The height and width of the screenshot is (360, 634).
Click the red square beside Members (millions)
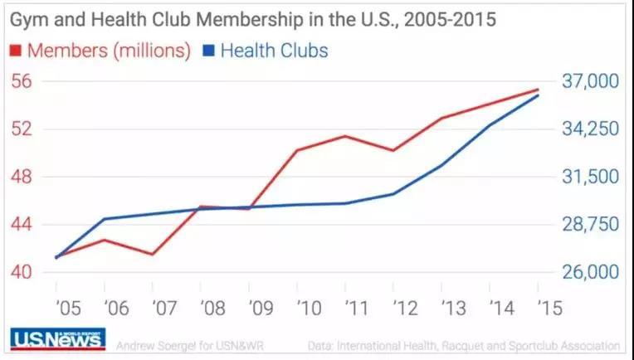[15, 51]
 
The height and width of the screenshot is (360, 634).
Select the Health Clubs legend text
[275, 51]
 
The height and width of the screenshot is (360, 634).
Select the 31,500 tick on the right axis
[590, 177]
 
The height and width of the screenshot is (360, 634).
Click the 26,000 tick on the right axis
[590, 272]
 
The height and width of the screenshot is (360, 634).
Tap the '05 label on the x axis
[68, 309]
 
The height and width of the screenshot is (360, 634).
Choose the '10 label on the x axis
[309, 309]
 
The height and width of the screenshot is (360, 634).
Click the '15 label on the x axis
[548, 309]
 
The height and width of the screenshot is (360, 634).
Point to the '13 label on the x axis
[453, 309]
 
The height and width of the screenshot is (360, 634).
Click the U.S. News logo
[57, 339]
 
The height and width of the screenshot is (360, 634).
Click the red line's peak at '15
[538, 90]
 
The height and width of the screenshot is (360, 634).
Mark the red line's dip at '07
[153, 254]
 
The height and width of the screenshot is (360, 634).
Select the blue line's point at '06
[105, 219]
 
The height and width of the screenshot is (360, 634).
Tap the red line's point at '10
[297, 150]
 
